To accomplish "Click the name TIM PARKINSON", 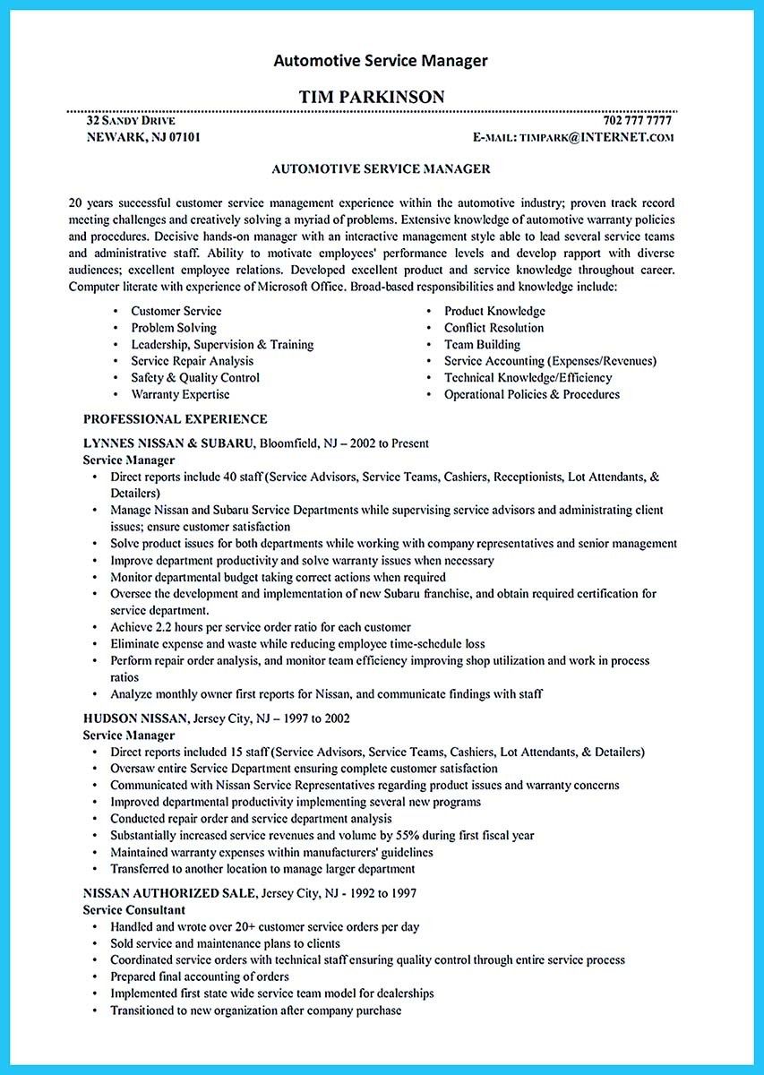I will tap(381, 97).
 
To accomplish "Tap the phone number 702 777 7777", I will tap(638, 120).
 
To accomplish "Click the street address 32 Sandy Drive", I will tap(131, 120).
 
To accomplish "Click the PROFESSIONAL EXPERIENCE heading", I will tap(176, 418).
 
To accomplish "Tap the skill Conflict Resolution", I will tap(494, 328).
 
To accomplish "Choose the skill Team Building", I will tap(482, 344).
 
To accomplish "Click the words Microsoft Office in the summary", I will tap(303, 288).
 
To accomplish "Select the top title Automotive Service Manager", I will tap(381, 61).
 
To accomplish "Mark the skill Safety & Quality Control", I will tap(195, 378).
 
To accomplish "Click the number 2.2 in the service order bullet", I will tap(164, 627).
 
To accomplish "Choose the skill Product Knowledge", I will tap(494, 311).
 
